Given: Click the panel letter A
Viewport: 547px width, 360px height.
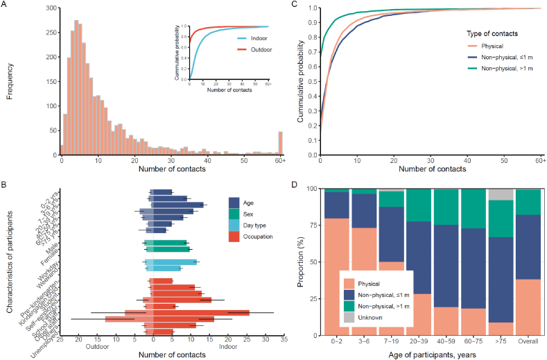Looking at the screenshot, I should click(5, 6).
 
